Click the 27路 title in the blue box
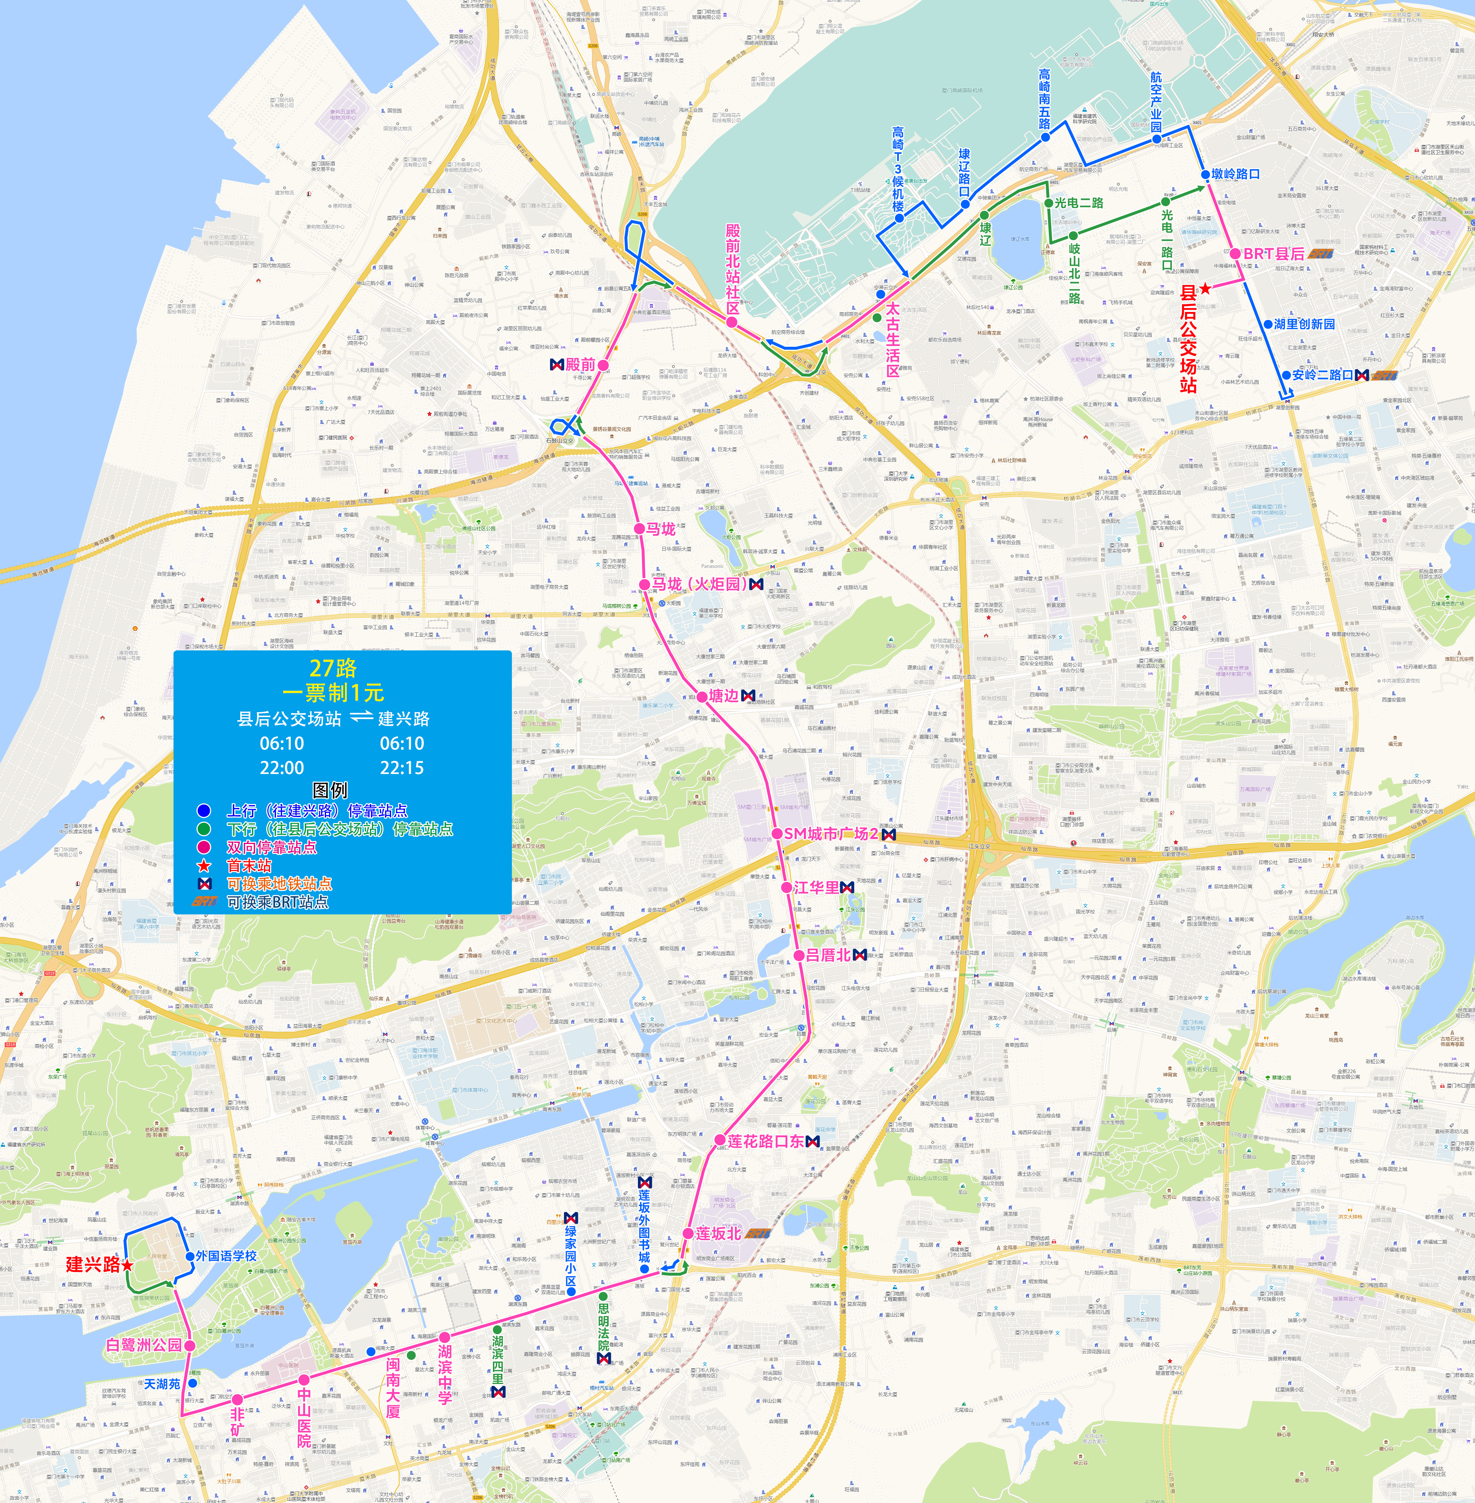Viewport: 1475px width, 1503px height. [x=333, y=668]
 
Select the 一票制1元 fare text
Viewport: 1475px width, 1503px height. [x=333, y=693]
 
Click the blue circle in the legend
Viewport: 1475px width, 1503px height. [x=204, y=810]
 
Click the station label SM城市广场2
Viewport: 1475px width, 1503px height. [x=831, y=834]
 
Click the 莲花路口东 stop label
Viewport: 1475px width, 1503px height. [x=765, y=1141]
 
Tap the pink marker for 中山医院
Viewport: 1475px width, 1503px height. [x=304, y=1380]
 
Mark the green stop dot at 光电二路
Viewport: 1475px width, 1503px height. [x=1049, y=203]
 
